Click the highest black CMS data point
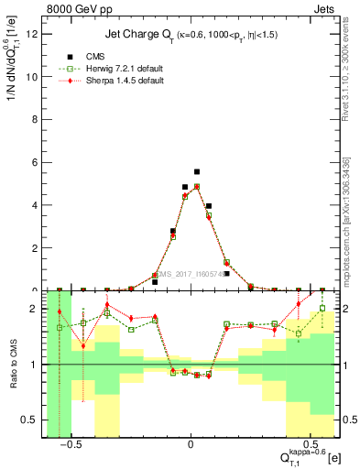pos(197,171)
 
